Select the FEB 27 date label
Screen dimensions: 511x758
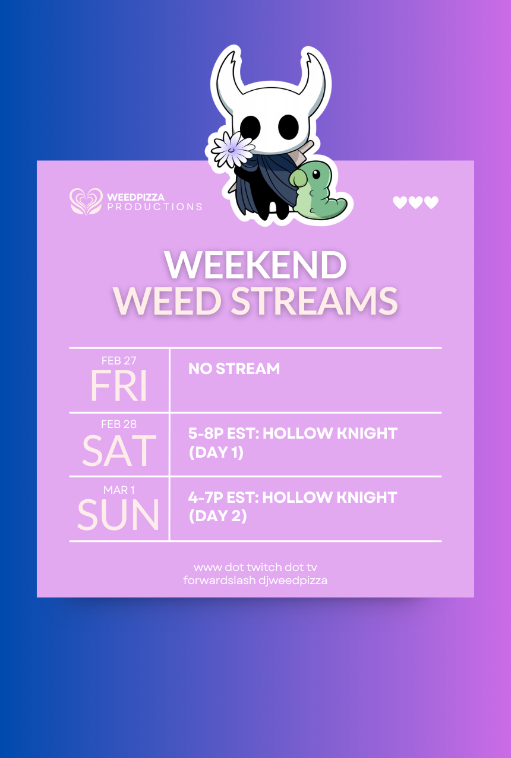(x=119, y=361)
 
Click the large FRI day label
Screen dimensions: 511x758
(x=118, y=385)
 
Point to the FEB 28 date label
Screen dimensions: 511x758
(x=119, y=424)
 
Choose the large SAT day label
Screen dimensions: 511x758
(x=119, y=451)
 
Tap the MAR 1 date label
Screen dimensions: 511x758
(x=119, y=490)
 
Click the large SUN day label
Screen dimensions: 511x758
(x=118, y=515)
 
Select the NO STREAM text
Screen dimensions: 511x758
(x=234, y=369)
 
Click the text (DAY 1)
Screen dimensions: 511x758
(x=216, y=452)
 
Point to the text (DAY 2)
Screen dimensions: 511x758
(x=217, y=516)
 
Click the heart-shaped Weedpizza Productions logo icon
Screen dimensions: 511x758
(x=86, y=201)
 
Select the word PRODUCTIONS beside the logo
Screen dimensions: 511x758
(x=154, y=207)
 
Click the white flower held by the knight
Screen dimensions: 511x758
(x=233, y=149)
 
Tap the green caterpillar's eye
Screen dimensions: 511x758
(x=316, y=175)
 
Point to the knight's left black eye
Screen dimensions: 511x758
(x=251, y=127)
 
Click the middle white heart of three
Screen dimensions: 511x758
(x=415, y=202)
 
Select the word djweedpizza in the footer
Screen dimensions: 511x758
(x=293, y=581)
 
